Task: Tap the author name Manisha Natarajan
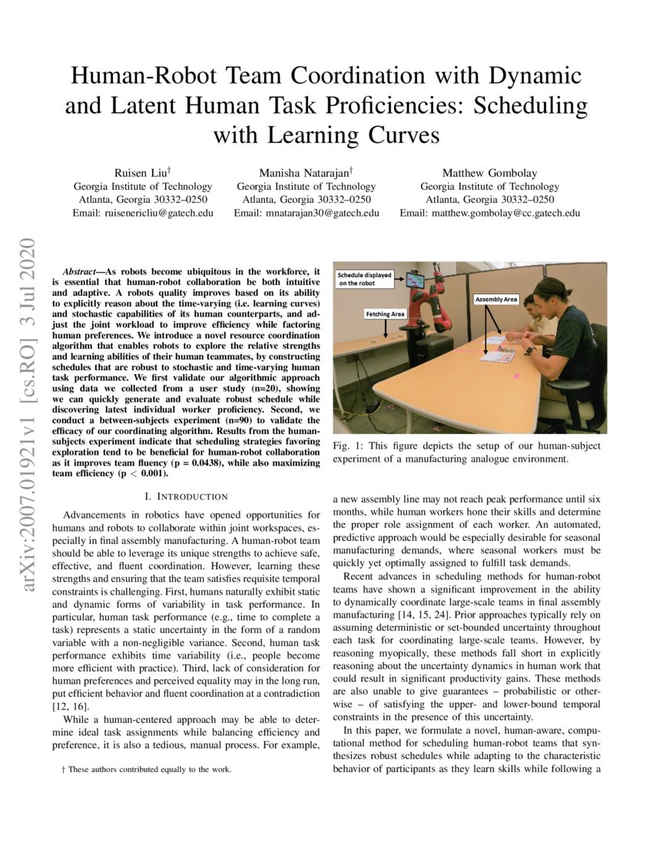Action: pyautogui.click(x=305, y=172)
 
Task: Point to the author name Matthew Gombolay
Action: pyautogui.click(x=489, y=172)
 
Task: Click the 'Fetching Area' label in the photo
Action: pyautogui.click(x=385, y=313)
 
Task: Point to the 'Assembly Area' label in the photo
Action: pyautogui.click(x=496, y=299)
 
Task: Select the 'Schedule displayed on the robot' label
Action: pyautogui.click(x=366, y=278)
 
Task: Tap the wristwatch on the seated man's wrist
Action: pyautogui.click(x=530, y=350)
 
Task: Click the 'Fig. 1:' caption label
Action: pyautogui.click(x=346, y=446)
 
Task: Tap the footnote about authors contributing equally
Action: pyautogui.click(x=145, y=768)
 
